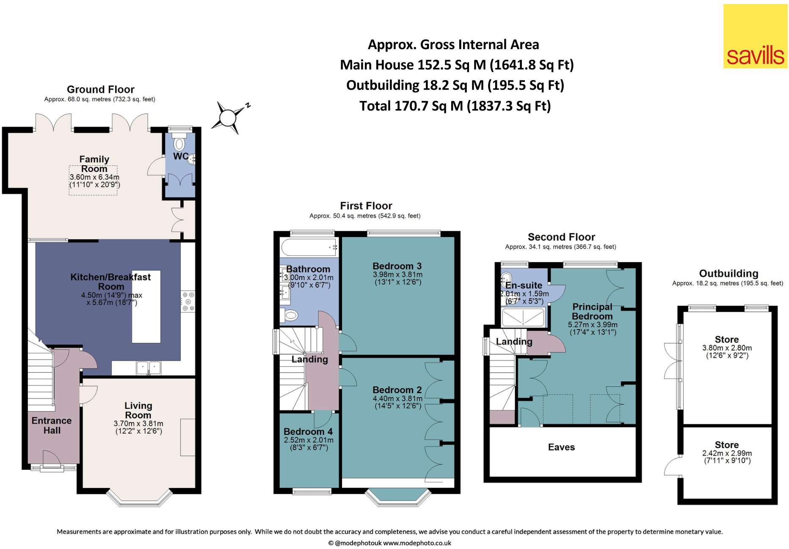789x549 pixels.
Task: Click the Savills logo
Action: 755,36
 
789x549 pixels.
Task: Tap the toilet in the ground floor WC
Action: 179,144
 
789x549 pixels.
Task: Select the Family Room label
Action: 94,164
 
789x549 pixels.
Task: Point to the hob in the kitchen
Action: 188,302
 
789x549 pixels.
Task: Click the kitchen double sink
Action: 149,367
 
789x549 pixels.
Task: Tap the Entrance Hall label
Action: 52,425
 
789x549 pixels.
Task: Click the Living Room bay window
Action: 139,499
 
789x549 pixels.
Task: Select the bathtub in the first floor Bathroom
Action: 309,247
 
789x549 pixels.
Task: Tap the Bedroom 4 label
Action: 308,432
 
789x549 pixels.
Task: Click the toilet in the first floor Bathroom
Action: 291,315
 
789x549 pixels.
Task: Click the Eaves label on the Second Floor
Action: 561,447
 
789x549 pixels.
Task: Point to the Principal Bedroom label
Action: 592,311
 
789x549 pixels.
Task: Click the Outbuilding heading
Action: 728,274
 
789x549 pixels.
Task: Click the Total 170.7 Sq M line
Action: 455,106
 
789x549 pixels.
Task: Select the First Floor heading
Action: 366,206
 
